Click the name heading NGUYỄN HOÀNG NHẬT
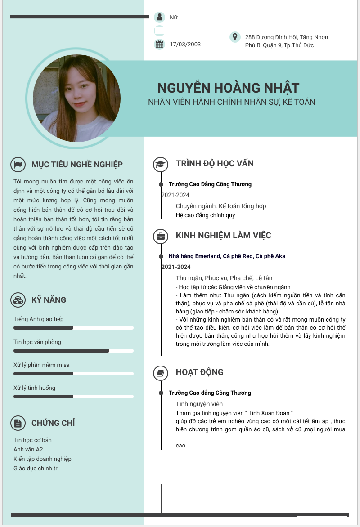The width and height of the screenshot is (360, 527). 228,88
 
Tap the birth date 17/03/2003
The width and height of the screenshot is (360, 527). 185,44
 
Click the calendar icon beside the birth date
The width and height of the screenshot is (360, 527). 159,44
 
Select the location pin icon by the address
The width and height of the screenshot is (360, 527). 234,37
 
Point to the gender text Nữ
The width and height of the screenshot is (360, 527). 173,18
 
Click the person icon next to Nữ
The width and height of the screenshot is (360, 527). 159,18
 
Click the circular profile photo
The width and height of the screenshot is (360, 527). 76,98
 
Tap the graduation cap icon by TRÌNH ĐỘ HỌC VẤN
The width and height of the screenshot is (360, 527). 161,164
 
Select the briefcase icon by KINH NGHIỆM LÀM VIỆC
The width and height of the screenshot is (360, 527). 161,236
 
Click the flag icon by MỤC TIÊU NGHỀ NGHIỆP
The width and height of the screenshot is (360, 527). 18,165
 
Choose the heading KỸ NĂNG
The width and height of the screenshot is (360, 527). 49,300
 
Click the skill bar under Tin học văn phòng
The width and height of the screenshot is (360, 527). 73,350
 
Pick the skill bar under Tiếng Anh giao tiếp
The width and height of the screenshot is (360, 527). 73,328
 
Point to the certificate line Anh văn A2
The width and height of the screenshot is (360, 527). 28,449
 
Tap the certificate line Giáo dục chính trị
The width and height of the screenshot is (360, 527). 36,469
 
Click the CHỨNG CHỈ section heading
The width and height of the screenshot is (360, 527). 53,423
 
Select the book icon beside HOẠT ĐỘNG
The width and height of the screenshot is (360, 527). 161,373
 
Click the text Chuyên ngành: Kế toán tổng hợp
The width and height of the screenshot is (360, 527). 221,206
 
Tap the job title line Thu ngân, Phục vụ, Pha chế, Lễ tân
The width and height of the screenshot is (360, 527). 224,278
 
